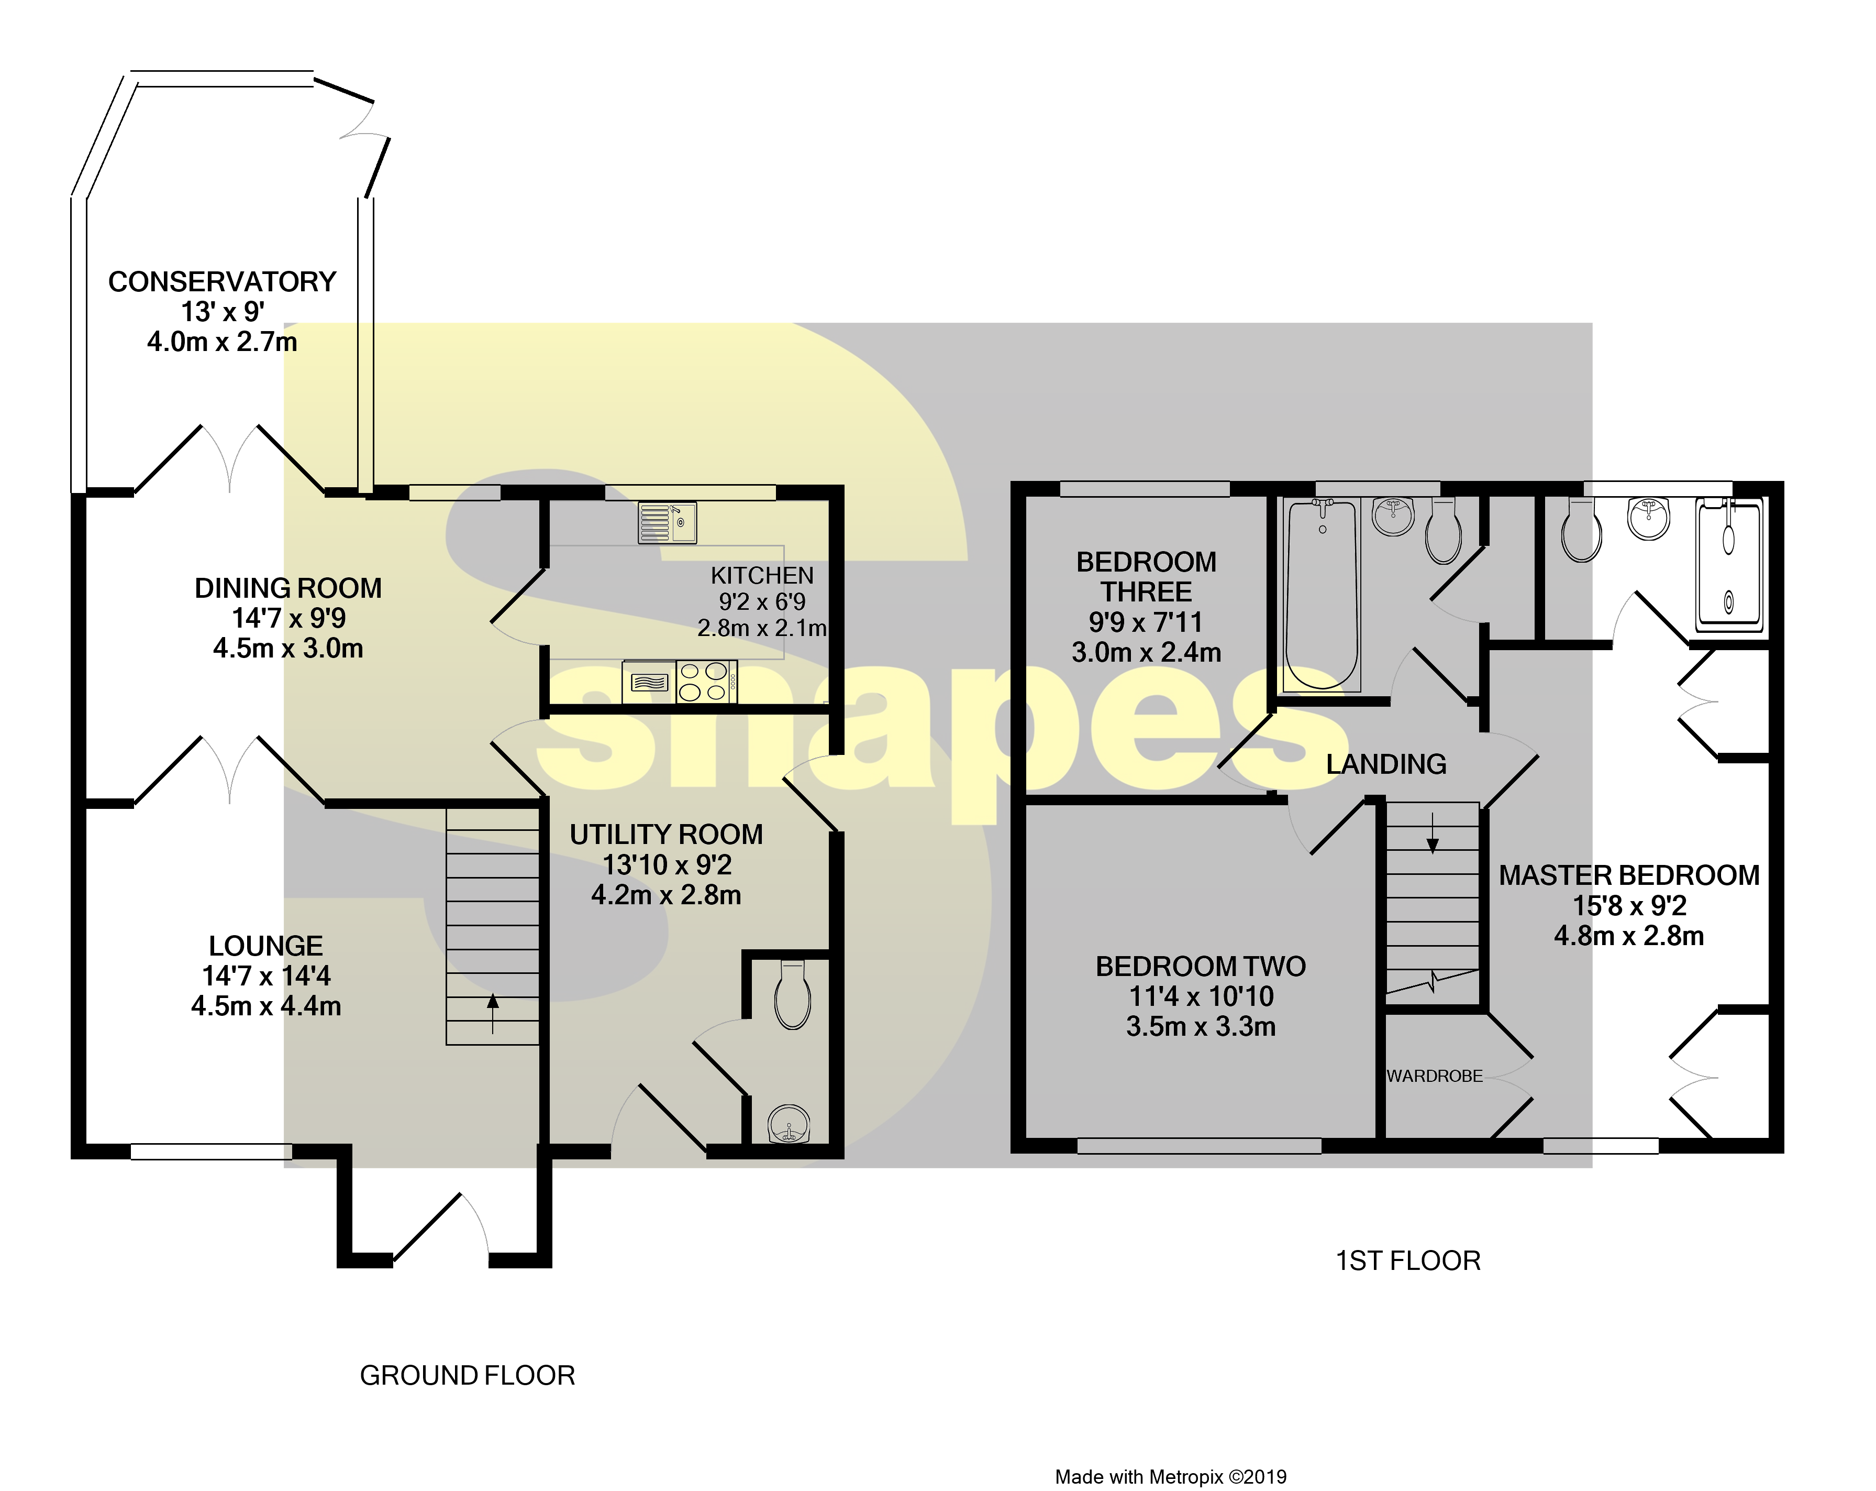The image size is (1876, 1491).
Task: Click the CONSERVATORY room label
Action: click(x=222, y=282)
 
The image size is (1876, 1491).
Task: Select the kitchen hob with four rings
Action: click(x=705, y=682)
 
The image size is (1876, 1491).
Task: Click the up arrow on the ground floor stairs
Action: click(x=493, y=1012)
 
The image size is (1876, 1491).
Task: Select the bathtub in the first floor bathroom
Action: click(x=1321, y=595)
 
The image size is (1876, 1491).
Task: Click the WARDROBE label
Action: click(x=1434, y=1077)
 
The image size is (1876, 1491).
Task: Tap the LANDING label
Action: click(x=1386, y=764)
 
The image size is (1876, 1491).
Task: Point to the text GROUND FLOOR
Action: click(x=467, y=1376)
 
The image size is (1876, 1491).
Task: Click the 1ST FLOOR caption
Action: click(x=1408, y=1261)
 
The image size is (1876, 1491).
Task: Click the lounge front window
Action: click(x=212, y=1152)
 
